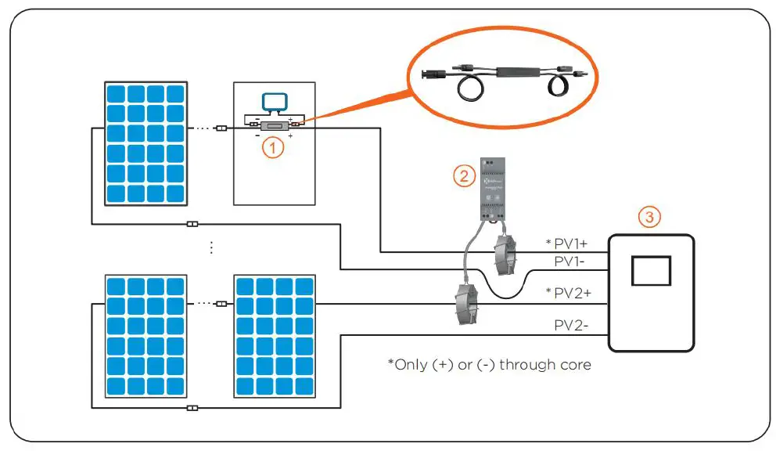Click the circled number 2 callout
click(464, 176)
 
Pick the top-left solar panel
click(146, 143)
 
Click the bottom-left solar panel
click(146, 335)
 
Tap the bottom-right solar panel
click(275, 335)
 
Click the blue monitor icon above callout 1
click(274, 103)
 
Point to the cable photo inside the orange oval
click(500, 78)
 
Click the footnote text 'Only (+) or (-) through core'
click(490, 364)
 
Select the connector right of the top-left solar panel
click(221, 128)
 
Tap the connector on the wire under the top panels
click(192, 225)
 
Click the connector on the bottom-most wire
click(192, 408)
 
